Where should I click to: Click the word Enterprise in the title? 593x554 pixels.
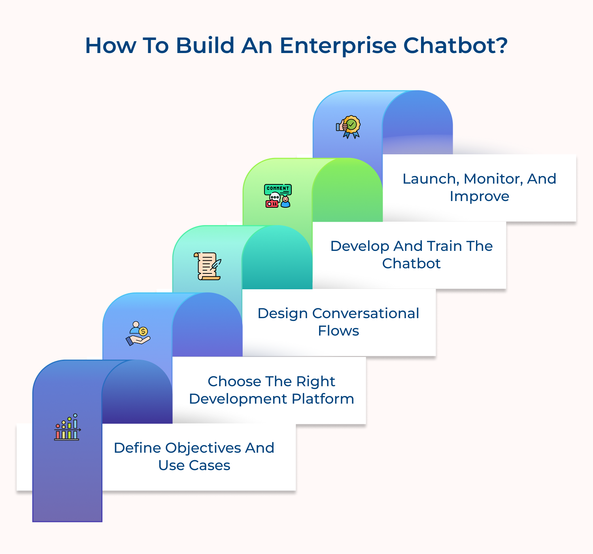[338, 46]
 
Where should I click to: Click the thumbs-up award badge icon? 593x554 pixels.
[348, 127]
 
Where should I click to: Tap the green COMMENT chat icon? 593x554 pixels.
[278, 195]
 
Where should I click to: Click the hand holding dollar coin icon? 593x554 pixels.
[138, 333]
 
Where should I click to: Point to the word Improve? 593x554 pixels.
[479, 196]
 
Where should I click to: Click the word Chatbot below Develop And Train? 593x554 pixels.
[411, 264]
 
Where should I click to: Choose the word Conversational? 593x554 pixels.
[365, 313]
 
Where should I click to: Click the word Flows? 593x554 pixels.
[338, 331]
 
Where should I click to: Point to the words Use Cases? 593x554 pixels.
[194, 465]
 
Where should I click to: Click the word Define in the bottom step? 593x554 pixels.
[137, 448]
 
